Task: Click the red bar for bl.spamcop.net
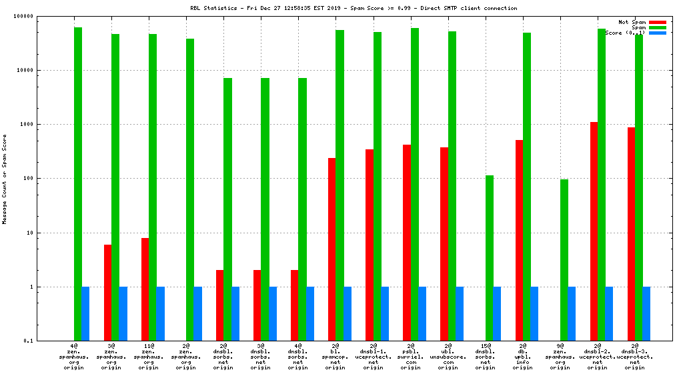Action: point(331,249)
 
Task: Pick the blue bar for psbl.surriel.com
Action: point(422,313)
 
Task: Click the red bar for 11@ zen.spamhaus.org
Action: point(145,289)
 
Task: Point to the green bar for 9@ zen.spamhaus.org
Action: point(564,260)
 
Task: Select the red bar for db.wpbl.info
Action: point(519,240)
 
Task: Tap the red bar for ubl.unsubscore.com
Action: point(444,244)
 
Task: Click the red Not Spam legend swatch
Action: point(657,22)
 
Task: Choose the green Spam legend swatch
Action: point(657,27)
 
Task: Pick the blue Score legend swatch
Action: point(657,33)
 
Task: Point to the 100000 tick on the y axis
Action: point(41,16)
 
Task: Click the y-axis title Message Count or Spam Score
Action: point(5,179)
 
